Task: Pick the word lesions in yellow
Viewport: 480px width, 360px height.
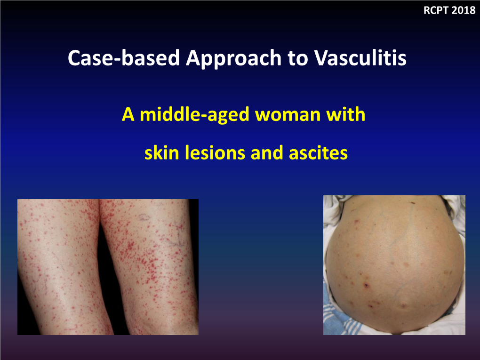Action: pyautogui.click(x=211, y=153)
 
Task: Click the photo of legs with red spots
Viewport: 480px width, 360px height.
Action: pyautogui.click(x=108, y=267)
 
